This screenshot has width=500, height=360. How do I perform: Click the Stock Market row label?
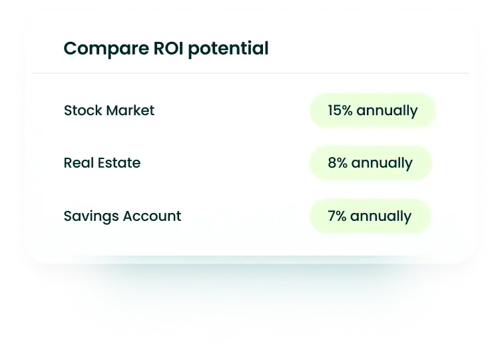[x=109, y=110]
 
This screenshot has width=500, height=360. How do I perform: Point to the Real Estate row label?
[x=102, y=163]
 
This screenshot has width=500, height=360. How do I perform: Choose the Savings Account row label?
[x=123, y=216]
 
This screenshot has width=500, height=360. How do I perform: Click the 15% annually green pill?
[x=372, y=110]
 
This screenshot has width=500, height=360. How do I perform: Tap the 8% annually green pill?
[x=371, y=163]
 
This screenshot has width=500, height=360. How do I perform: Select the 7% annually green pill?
[x=370, y=216]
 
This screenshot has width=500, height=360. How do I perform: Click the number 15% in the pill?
[x=340, y=110]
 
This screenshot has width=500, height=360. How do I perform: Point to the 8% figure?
[x=338, y=163]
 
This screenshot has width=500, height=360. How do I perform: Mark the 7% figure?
[x=337, y=216]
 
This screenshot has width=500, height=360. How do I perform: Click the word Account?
[x=150, y=216]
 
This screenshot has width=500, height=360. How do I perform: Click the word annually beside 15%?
[x=387, y=111]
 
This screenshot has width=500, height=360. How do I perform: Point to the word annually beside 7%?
[x=381, y=217]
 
